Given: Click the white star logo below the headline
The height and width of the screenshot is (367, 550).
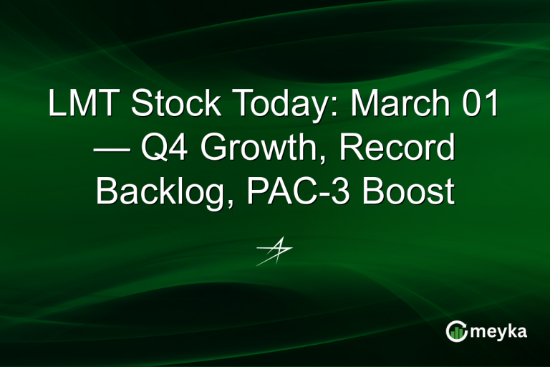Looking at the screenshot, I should point(274,252).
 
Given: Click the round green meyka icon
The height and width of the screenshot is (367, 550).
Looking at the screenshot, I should point(456,331).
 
